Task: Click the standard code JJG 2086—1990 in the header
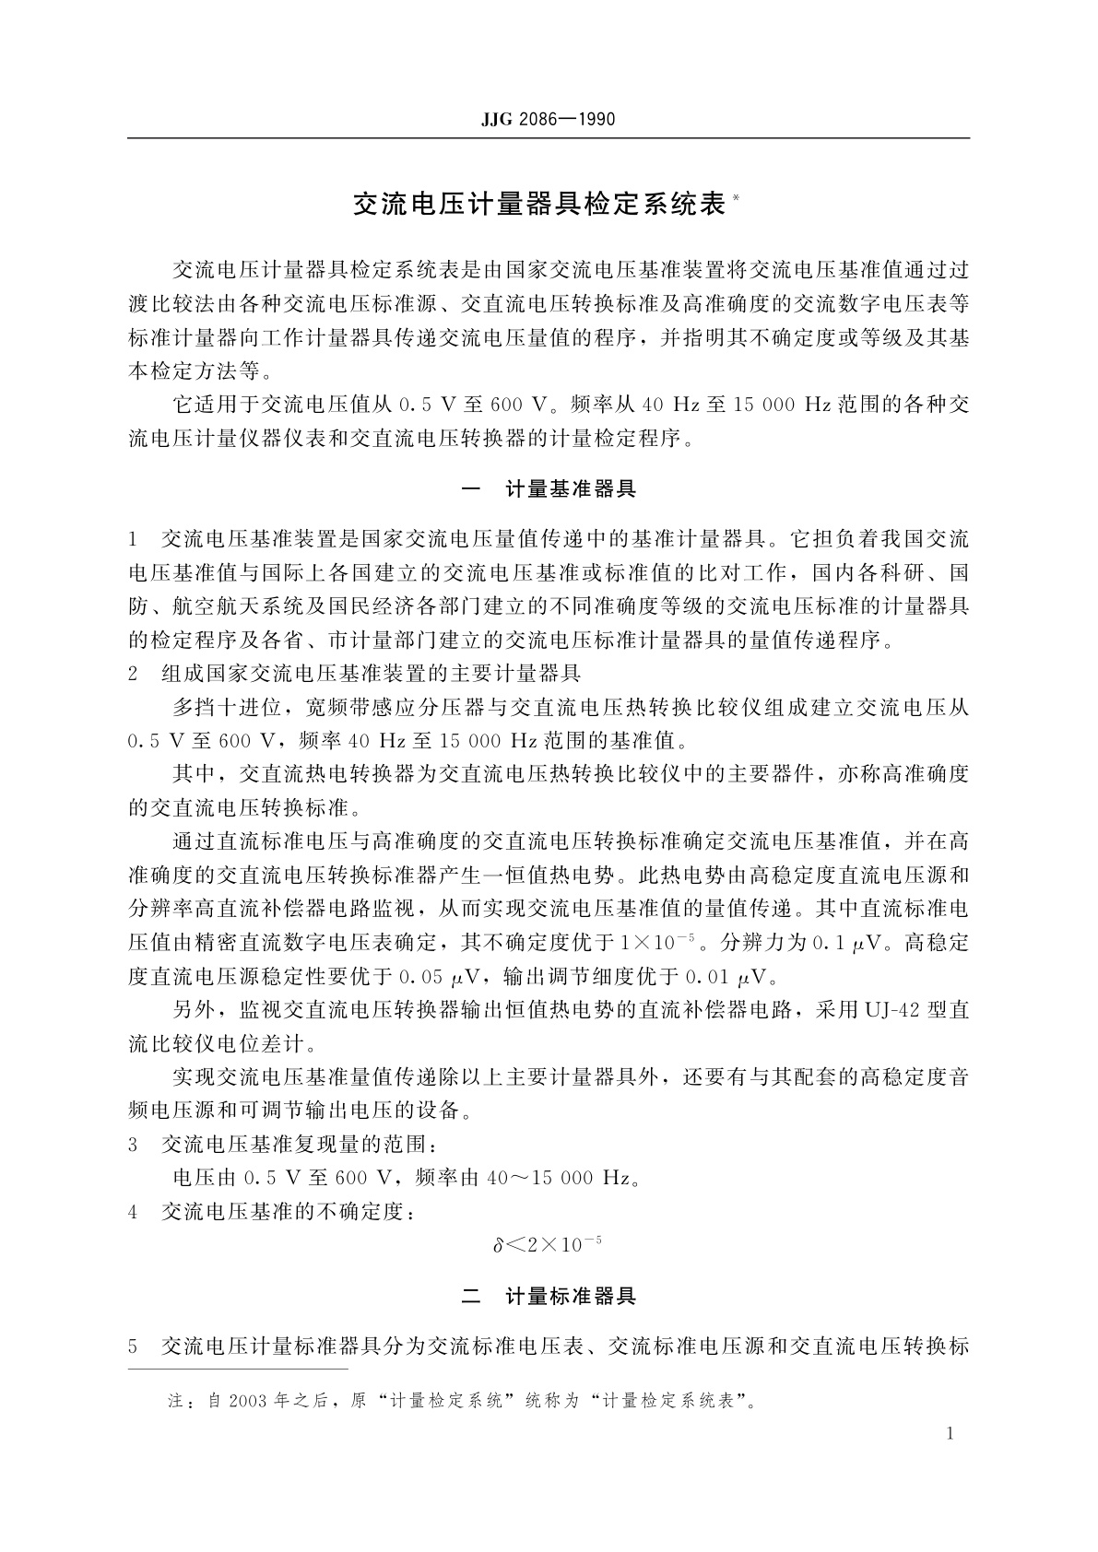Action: click(x=548, y=119)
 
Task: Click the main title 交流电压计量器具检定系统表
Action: click(x=539, y=204)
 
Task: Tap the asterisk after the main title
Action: click(x=736, y=196)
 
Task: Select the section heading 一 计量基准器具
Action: click(x=549, y=488)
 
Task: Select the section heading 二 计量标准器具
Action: click(x=549, y=1296)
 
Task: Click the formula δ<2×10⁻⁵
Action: click(x=548, y=1245)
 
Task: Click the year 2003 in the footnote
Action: click(x=249, y=1401)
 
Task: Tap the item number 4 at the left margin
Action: click(x=134, y=1212)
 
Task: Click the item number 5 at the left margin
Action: click(x=134, y=1346)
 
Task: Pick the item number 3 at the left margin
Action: click(x=134, y=1145)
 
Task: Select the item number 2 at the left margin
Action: click(x=134, y=674)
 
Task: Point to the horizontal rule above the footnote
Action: click(x=238, y=1370)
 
